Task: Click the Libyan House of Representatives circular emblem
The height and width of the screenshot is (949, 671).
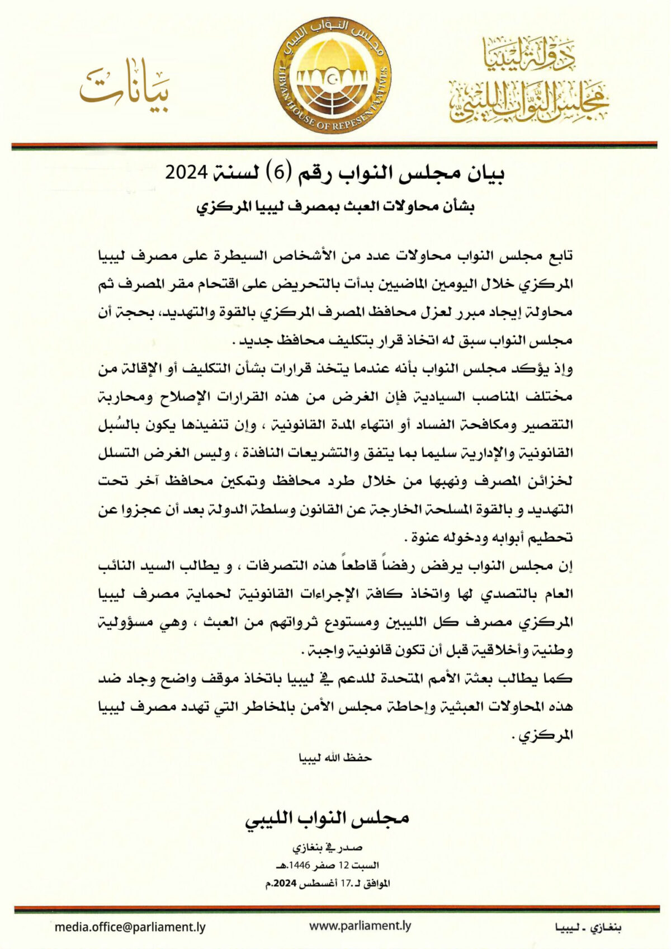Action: pos(333,75)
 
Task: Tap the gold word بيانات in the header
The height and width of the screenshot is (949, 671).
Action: pos(124,87)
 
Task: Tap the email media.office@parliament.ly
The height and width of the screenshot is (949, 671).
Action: pos(130,927)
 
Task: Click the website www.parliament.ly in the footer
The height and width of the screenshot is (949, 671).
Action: pos(360,926)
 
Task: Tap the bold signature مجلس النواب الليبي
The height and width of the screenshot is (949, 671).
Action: pos(327,818)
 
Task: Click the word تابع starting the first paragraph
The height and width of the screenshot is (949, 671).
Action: pos(560,256)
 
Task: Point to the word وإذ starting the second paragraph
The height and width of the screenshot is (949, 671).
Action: pos(563,369)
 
